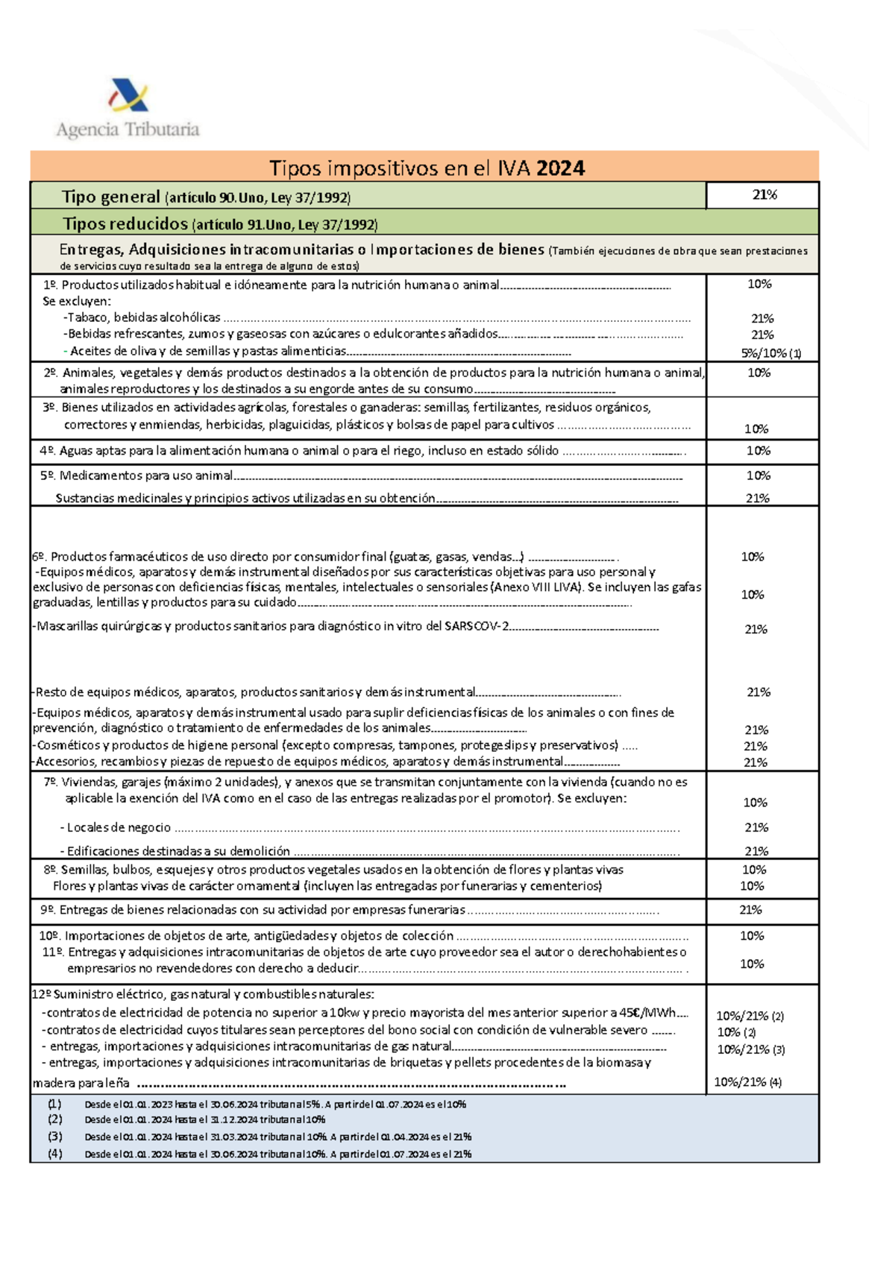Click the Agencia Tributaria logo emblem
coord(129,95)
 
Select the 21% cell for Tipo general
coord(764,195)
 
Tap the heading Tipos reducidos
coord(125,224)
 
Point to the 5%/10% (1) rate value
coord(770,353)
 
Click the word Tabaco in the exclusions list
coord(88,317)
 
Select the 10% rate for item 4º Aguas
coord(758,451)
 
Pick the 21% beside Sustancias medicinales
coord(757,499)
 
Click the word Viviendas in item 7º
coord(88,783)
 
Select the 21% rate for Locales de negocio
coord(756,828)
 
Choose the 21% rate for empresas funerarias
coord(750,910)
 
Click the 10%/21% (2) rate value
coord(750,1016)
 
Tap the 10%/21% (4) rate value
coord(747,1082)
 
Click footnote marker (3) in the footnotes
coord(55,1137)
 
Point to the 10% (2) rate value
coord(736,1033)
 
